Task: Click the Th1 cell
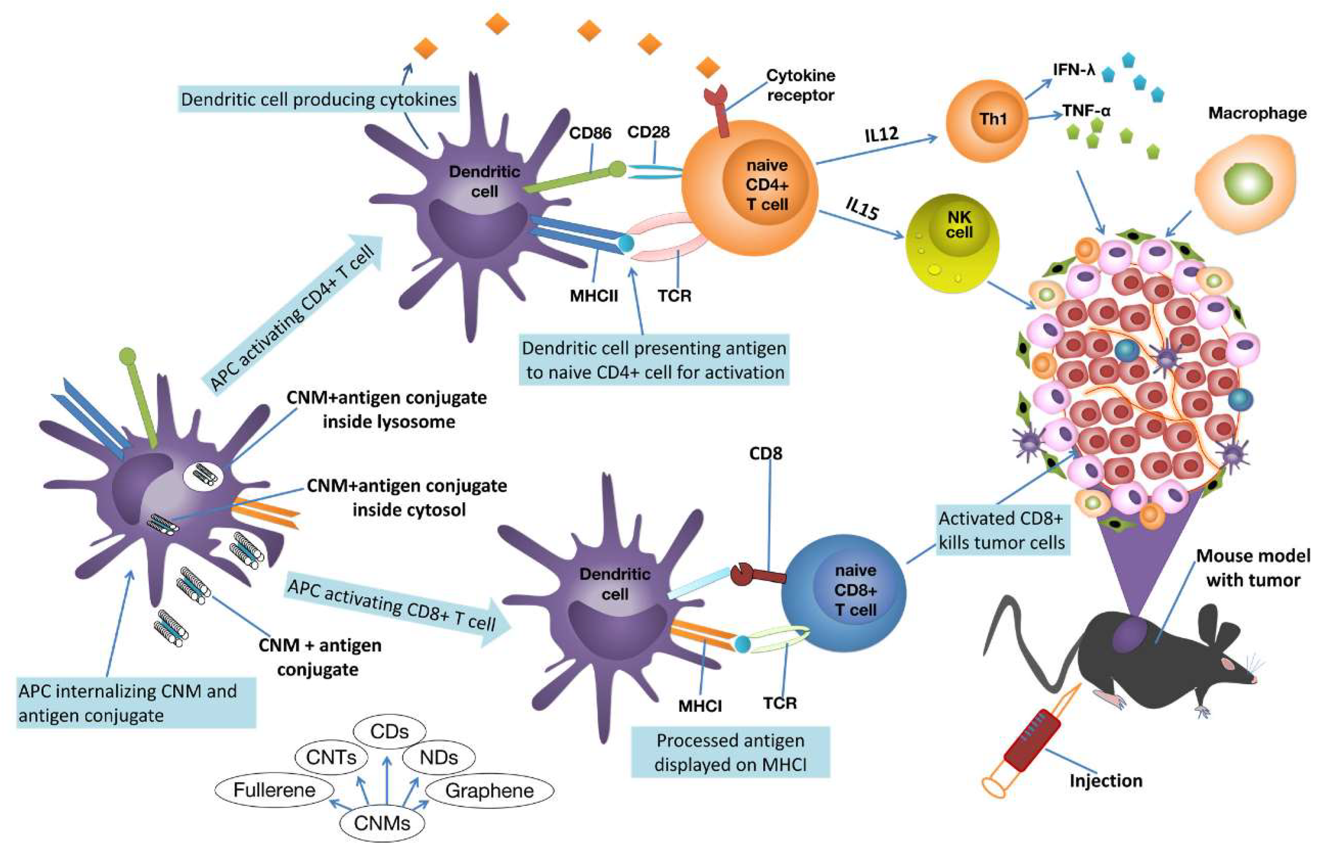click(x=987, y=121)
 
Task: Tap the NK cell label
click(x=959, y=225)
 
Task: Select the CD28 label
click(x=648, y=132)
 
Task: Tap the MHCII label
click(x=594, y=296)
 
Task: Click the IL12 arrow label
click(x=881, y=135)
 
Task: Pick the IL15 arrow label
click(x=862, y=209)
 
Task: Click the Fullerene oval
click(x=274, y=789)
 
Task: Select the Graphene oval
click(x=490, y=791)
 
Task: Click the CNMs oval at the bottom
click(x=382, y=823)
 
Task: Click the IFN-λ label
click(x=1074, y=70)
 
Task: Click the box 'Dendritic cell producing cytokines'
click(x=319, y=100)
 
